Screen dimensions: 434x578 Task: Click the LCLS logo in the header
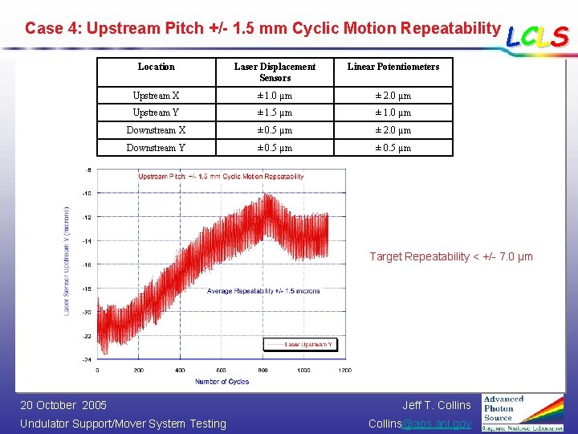coord(538,35)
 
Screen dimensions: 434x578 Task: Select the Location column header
coord(156,67)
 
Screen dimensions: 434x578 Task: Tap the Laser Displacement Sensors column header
coord(275,72)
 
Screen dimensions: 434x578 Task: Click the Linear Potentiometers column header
coord(393,67)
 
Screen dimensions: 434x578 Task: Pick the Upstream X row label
coord(156,96)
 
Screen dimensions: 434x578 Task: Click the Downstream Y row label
coord(156,148)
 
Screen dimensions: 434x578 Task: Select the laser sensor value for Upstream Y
coord(275,113)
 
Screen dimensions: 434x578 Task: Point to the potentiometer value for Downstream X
coord(393,130)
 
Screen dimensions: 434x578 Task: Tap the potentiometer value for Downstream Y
coord(393,148)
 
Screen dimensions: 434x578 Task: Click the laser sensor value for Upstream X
coord(275,96)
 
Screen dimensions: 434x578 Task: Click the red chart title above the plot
coord(221,176)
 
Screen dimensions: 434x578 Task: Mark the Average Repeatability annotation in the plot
coord(263,291)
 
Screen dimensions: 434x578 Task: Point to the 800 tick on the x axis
coord(263,371)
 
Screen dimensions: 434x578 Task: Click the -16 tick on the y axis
coord(87,264)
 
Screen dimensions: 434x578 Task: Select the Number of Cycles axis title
coord(222,382)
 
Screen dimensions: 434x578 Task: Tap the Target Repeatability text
coord(450,256)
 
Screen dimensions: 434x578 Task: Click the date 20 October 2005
coord(63,405)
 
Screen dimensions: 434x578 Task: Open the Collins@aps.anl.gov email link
coord(419,424)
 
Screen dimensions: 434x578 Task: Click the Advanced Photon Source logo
coord(523,411)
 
